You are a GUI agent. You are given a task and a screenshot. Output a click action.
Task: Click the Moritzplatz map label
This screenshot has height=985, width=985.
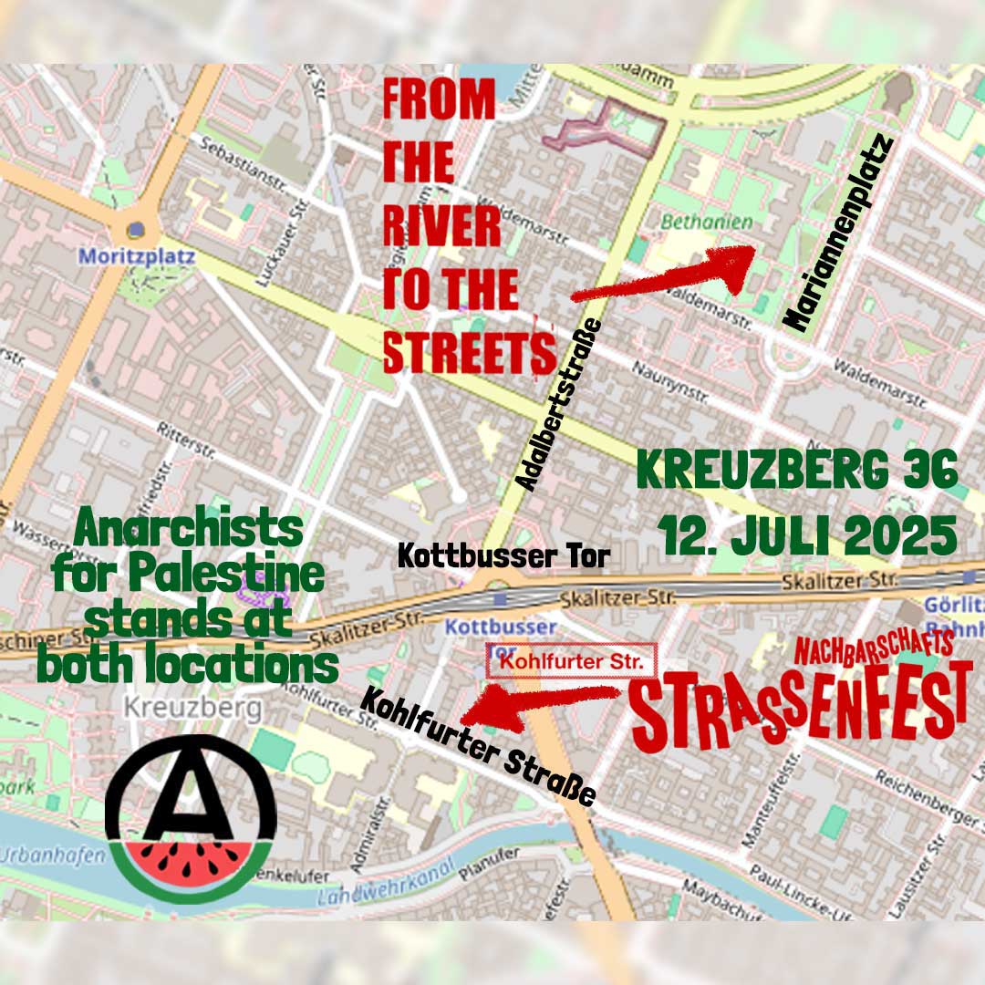[137, 256]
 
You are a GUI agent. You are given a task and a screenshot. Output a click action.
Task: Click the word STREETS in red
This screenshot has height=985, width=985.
[469, 351]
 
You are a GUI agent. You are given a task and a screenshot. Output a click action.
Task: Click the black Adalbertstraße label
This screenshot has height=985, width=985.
[558, 405]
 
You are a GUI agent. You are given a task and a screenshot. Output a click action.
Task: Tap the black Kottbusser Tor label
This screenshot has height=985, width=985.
[503, 555]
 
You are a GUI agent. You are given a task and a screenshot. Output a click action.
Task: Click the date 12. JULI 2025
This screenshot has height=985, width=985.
[808, 536]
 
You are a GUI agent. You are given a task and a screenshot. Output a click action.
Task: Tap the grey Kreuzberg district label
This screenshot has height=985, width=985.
[192, 707]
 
